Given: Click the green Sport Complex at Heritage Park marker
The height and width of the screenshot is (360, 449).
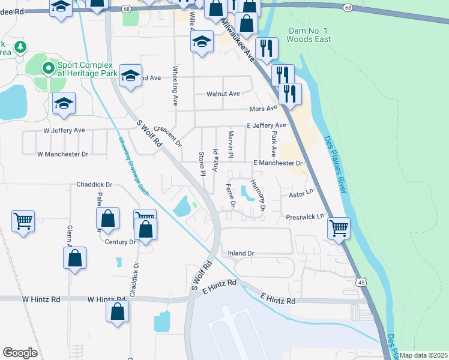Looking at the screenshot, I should point(49,68).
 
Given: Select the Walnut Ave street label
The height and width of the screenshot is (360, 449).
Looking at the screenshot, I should point(223,94).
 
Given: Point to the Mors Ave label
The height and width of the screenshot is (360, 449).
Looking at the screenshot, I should point(263,109).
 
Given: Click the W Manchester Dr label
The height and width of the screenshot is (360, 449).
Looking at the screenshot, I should point(62,154).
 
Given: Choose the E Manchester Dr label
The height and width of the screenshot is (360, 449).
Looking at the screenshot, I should point(277,163).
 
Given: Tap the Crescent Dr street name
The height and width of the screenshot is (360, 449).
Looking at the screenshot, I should point(167,136).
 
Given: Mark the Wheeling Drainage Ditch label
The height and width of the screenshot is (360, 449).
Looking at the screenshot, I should point(133,164).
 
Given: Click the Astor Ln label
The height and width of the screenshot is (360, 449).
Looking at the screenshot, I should point(301,194).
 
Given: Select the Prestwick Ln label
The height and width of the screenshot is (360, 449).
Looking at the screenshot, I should point(304,216).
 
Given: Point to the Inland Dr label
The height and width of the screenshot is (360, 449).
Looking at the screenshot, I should point(241,254).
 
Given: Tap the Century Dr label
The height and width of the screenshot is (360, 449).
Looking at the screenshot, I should point(120,242).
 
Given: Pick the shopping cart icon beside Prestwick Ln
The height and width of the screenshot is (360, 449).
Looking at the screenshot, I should point(339,228).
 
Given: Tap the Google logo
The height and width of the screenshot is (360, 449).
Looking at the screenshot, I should point(20,353).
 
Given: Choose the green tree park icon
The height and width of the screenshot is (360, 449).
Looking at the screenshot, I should point(21,46).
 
